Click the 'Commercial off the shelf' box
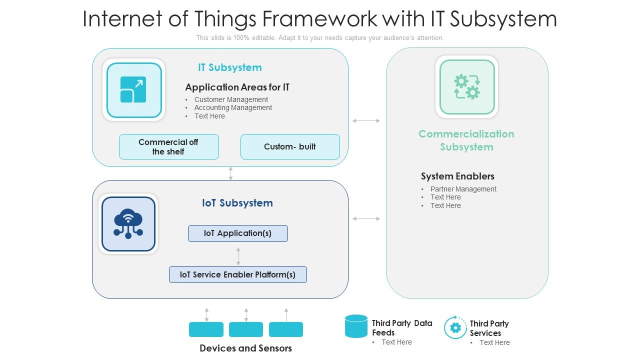[x=168, y=147]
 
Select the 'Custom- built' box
[x=290, y=147]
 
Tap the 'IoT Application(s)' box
[x=237, y=233]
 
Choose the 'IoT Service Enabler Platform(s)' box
[x=237, y=274]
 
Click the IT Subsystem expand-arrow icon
[x=133, y=90]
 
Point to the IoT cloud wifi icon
[x=128, y=223]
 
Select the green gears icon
[x=466, y=87]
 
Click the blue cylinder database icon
[x=356, y=326]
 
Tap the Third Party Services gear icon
[x=455, y=328]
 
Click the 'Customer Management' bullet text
[x=231, y=99]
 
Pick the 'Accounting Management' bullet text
[x=233, y=107]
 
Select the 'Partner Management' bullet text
[x=463, y=189]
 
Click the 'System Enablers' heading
[x=457, y=176]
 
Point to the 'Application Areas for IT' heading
[x=237, y=87]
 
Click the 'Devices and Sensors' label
[x=245, y=348]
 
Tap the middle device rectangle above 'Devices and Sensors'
[x=245, y=329]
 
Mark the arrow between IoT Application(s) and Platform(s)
[x=238, y=256]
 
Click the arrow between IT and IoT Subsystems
[x=230, y=173]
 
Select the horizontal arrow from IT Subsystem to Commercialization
[x=366, y=120]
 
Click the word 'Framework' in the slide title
[x=319, y=19]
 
